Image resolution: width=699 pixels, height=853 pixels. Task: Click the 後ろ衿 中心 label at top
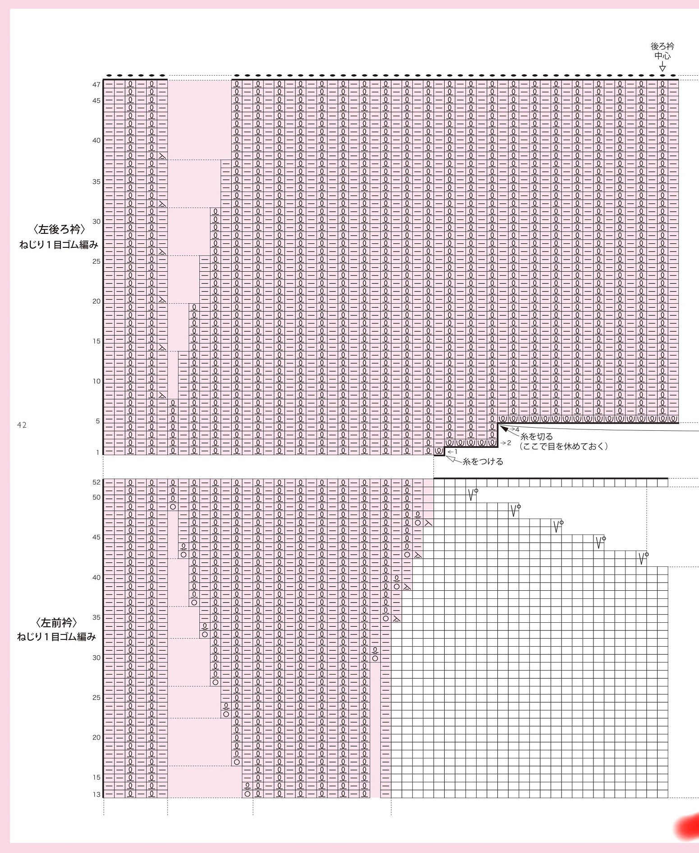(x=662, y=51)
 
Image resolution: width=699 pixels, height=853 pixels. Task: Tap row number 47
(x=97, y=85)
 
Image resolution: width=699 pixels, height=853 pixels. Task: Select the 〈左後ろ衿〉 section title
(x=59, y=229)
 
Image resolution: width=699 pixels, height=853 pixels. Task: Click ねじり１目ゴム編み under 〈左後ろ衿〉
(x=59, y=245)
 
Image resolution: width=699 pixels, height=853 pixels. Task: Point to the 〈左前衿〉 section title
(x=56, y=623)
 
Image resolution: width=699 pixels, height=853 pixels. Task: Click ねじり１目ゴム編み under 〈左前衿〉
(x=57, y=637)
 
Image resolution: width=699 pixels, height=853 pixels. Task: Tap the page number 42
(x=22, y=425)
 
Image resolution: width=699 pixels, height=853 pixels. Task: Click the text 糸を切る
(x=537, y=437)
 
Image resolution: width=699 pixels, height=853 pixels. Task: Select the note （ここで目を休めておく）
(x=564, y=446)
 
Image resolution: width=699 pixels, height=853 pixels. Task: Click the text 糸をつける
(x=483, y=461)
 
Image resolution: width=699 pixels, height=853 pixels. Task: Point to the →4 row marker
(x=514, y=429)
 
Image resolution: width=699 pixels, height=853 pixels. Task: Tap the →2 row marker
(x=506, y=443)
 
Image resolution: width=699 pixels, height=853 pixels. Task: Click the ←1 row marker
(x=453, y=452)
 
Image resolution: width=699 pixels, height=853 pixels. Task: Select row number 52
(x=97, y=482)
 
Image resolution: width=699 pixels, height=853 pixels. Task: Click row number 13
(x=97, y=794)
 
